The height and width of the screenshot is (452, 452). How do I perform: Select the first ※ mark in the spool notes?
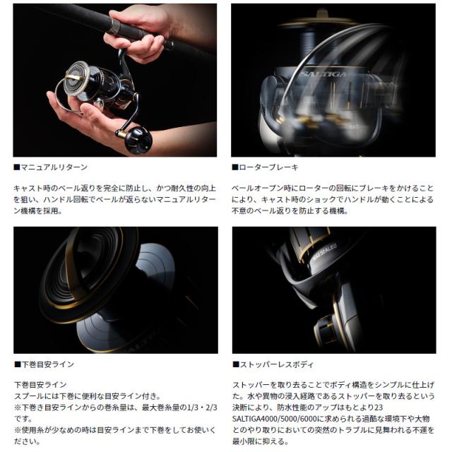point(18,408)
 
